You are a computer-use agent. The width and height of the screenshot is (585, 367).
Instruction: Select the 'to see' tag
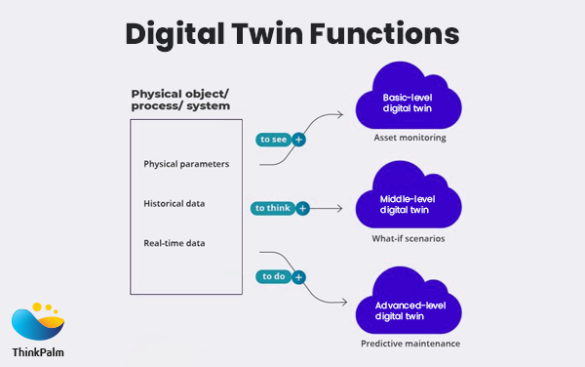[x=273, y=140]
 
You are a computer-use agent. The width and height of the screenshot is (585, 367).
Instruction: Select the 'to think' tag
[x=274, y=208]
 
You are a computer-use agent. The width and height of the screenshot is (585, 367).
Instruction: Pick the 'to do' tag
[x=274, y=276]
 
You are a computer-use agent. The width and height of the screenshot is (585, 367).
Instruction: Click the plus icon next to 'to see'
[x=298, y=140]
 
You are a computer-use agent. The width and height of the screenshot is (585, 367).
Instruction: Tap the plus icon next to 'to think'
[x=303, y=208]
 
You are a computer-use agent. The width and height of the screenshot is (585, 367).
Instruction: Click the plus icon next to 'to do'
[x=298, y=276]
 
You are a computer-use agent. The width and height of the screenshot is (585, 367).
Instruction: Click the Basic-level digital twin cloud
[x=409, y=102]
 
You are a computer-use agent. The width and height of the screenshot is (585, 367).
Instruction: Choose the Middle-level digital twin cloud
[x=409, y=204]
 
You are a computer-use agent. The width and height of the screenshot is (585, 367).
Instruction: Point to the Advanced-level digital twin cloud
[x=409, y=308]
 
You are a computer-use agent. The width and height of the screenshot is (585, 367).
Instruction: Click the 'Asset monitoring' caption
[x=409, y=138]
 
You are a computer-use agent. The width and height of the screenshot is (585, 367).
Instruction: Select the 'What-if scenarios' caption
[x=409, y=239]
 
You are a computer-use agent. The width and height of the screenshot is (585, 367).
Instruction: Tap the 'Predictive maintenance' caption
[x=409, y=344]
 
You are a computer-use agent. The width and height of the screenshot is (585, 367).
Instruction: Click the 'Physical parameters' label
[x=186, y=163]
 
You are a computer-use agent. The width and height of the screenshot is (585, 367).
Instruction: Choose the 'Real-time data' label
[x=175, y=241]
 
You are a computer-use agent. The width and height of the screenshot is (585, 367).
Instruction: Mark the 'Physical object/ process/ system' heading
[x=180, y=100]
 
